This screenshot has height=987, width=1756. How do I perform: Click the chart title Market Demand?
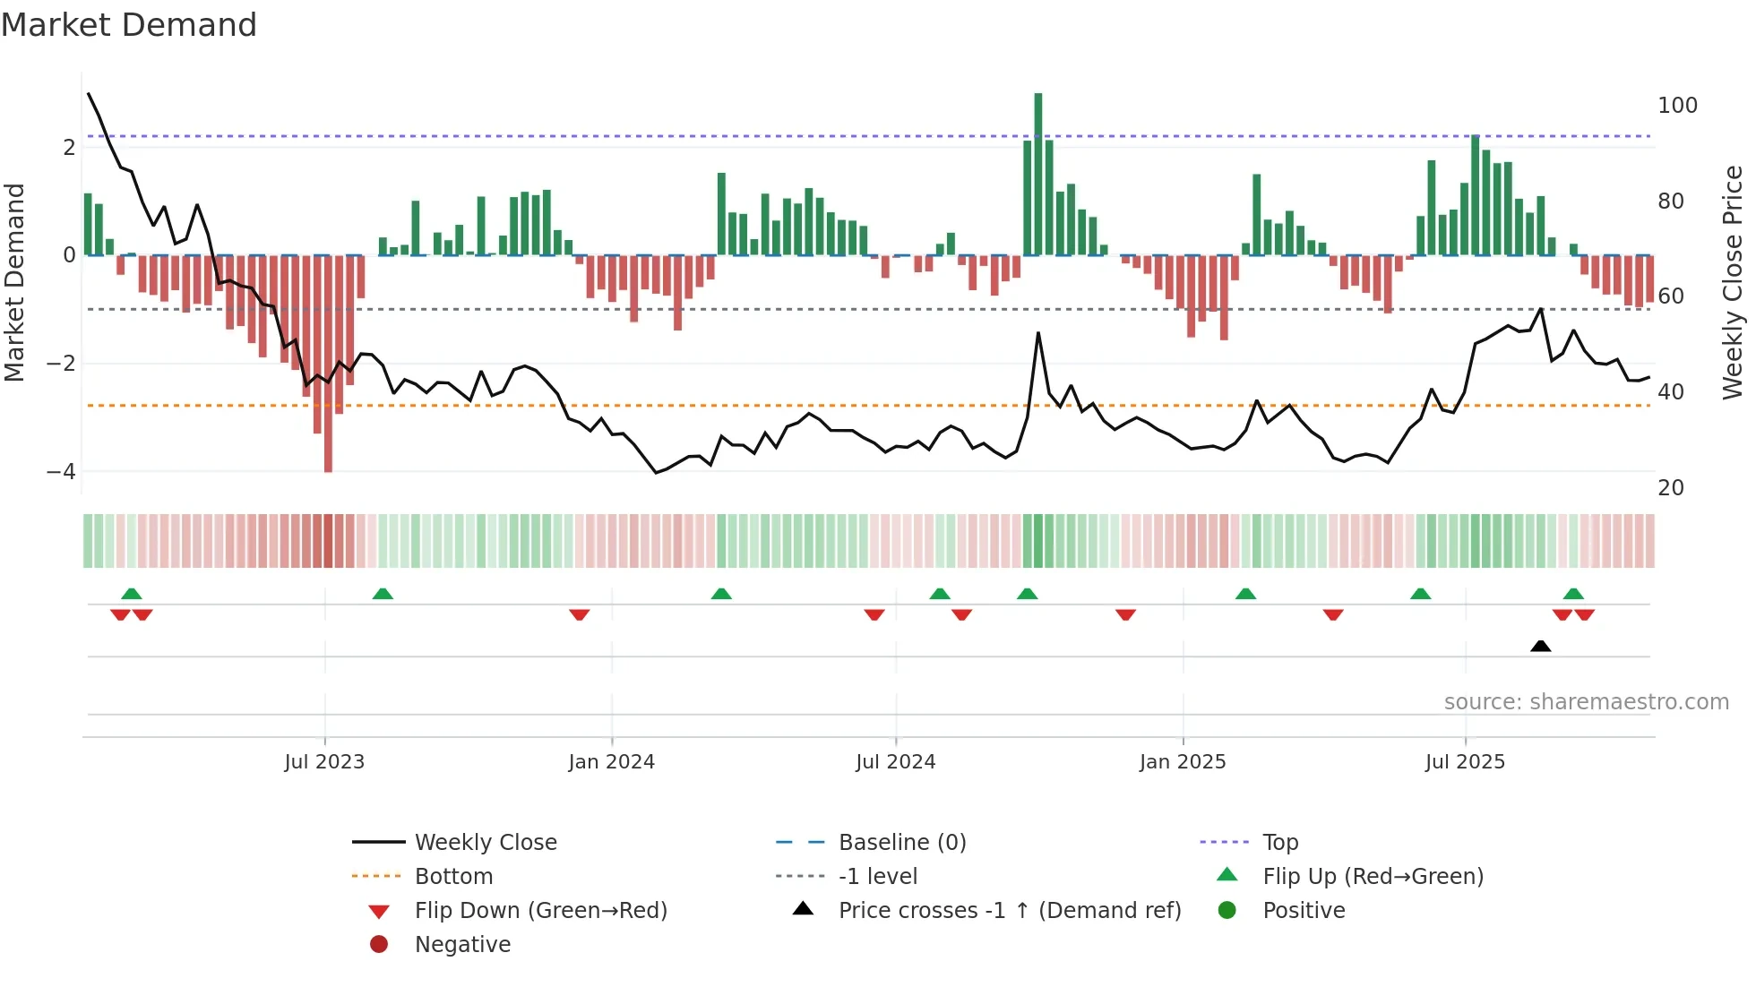pos(129,25)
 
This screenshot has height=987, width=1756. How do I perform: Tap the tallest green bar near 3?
pos(1038,175)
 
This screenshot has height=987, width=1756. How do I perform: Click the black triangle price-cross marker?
pos(1540,646)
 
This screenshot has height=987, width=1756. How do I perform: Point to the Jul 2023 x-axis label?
pos(324,762)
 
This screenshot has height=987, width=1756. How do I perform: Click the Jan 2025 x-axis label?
pos(1183,762)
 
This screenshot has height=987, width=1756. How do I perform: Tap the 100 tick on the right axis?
pos(1677,106)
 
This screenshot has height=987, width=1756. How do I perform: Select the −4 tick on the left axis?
pos(61,471)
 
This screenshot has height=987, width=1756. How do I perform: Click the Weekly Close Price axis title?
pos(1733,282)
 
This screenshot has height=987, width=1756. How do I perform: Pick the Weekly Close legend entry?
pos(486,843)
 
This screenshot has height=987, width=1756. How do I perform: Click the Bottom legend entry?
pos(453,877)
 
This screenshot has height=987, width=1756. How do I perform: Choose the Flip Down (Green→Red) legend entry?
pos(540,911)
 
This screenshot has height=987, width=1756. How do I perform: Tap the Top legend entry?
pos(1280,843)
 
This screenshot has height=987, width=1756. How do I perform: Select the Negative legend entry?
pos(462,945)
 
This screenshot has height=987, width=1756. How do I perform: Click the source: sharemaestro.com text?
pos(1586,702)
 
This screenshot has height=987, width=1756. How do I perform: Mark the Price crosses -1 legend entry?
pos(1009,911)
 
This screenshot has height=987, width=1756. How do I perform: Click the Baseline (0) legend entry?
pos(901,843)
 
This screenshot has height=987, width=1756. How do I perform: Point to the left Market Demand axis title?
pos(14,282)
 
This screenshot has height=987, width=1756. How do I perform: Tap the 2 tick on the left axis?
pos(69,148)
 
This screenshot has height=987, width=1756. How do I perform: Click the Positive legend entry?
pos(1304,911)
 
